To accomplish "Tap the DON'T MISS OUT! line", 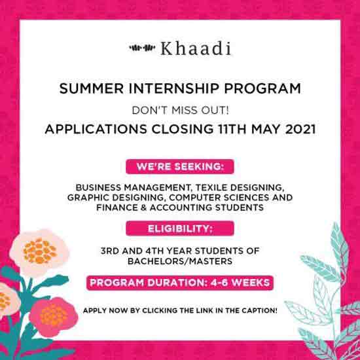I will coord(180,109).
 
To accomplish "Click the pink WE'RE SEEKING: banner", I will coord(179,168).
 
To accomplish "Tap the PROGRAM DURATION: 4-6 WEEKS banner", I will coord(179,283).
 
